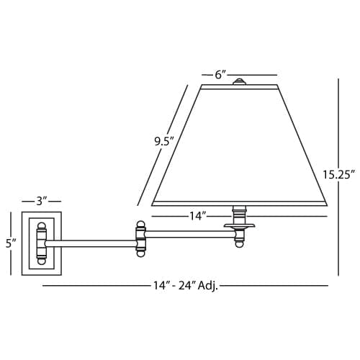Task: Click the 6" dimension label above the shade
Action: point(221,75)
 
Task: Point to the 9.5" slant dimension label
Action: point(164,142)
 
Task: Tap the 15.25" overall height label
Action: point(338,174)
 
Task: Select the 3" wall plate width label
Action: point(41,201)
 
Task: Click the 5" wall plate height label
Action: point(11,243)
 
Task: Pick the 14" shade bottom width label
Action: point(198,216)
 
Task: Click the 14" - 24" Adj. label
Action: point(186,286)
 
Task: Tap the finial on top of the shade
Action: point(239,81)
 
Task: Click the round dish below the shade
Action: point(239,225)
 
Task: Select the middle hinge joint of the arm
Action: point(140,239)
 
